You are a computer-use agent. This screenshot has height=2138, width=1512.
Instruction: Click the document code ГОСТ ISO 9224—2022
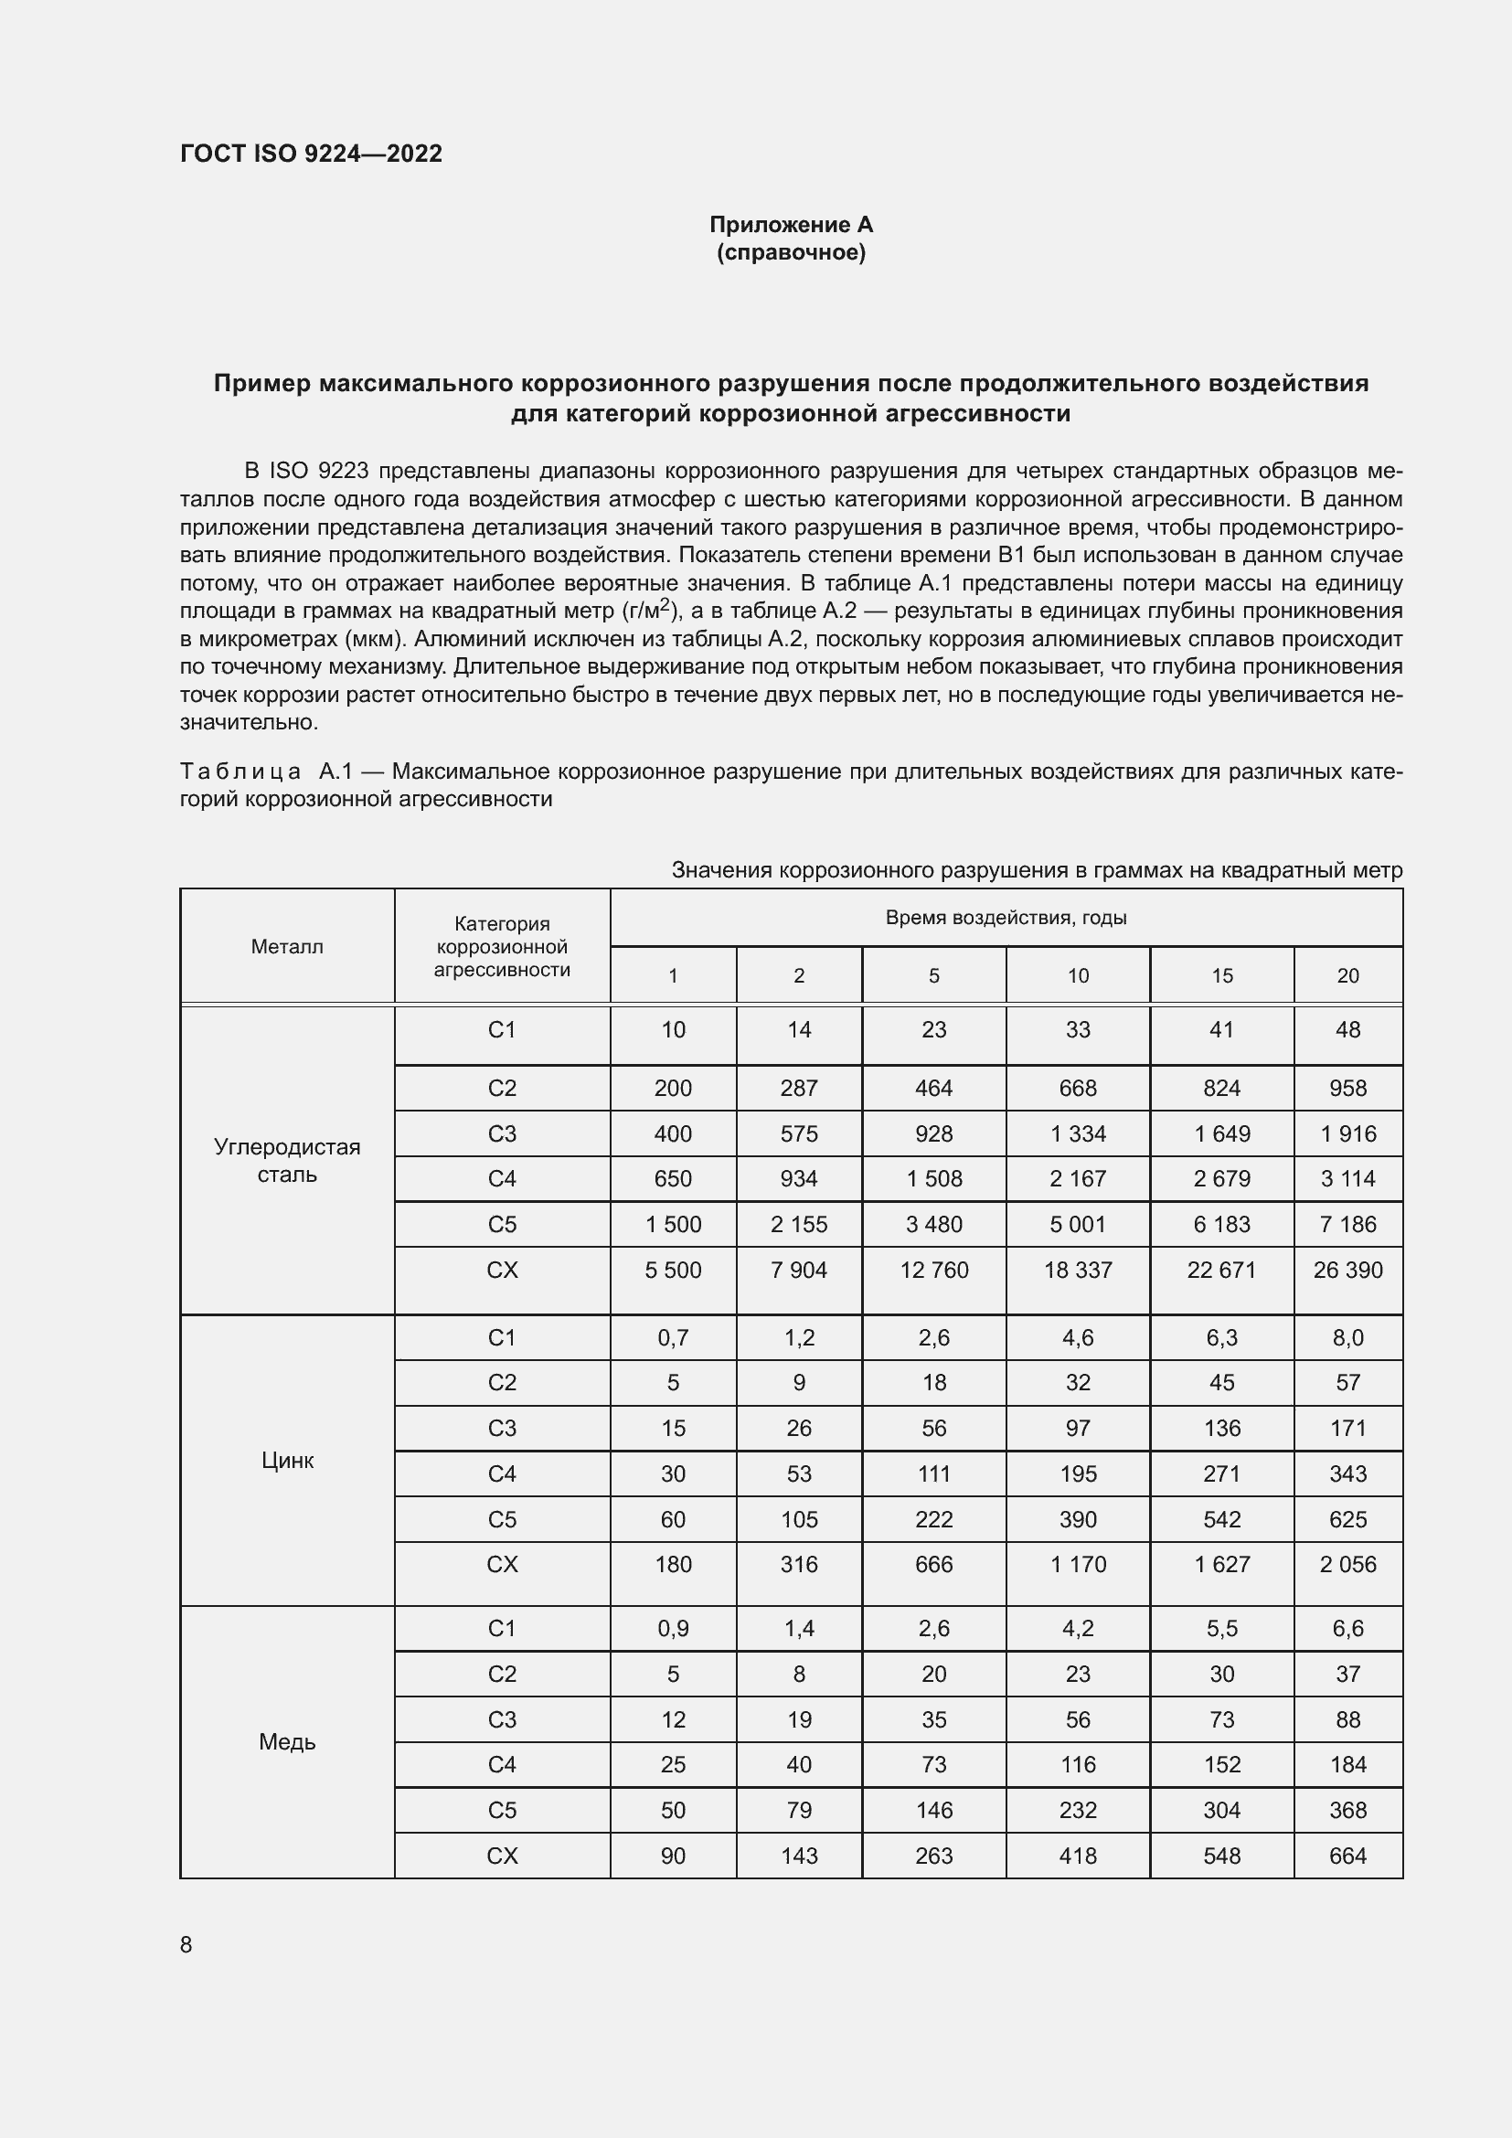point(311,154)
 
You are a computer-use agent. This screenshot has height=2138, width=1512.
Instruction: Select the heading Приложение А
point(791,225)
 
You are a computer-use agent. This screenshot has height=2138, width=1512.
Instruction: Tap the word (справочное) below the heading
point(791,252)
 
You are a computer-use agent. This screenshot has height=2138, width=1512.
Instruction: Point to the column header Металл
point(287,947)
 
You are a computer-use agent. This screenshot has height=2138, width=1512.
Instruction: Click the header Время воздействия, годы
point(1006,917)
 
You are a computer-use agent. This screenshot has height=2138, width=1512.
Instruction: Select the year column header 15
point(1221,975)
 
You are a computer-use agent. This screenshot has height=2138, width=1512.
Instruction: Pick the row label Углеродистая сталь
point(287,1160)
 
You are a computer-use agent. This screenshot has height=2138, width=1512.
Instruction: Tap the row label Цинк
point(287,1460)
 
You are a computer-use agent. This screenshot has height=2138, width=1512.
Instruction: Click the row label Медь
point(287,1741)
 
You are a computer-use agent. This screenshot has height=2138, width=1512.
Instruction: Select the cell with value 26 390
point(1347,1270)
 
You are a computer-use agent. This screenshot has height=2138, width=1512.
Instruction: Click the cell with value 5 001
point(1077,1224)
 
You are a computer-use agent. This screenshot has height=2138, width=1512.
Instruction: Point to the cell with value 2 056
point(1347,1563)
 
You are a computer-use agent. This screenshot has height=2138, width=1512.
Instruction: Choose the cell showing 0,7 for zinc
point(672,1337)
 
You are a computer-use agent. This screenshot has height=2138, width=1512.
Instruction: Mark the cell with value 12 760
point(934,1270)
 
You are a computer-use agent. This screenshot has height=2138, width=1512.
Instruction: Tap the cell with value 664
point(1347,1855)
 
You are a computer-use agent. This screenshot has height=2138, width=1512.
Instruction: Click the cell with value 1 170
point(1077,1563)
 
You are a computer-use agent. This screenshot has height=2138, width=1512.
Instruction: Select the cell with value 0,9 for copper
point(672,1628)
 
